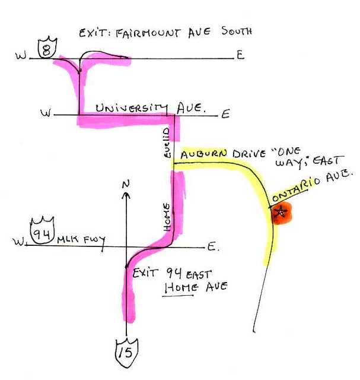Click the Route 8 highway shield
coord(46,48)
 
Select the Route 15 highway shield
coord(126,354)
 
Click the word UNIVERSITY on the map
coord(131,109)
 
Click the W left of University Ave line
coord(45,113)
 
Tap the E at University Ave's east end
coord(225,114)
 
